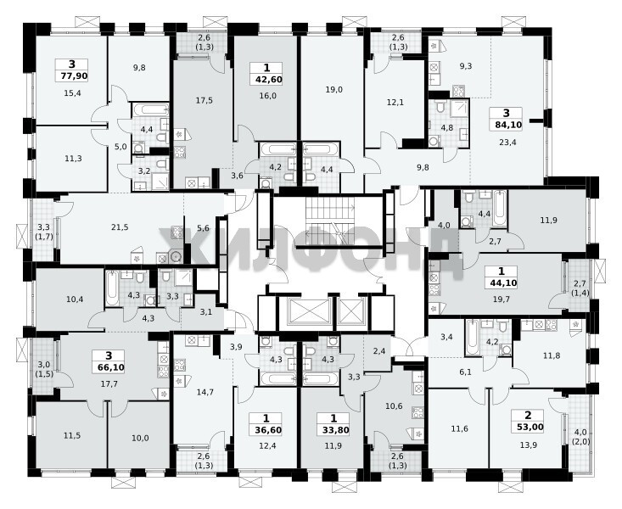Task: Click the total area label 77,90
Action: tap(71, 76)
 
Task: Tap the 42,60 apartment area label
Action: tap(267, 80)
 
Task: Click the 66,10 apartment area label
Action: tap(109, 367)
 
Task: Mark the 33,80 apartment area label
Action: tap(333, 430)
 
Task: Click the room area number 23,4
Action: tap(507, 142)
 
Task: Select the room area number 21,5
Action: tap(120, 227)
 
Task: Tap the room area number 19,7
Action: tap(502, 299)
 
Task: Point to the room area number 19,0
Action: tap(334, 90)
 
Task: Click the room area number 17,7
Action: tap(109, 383)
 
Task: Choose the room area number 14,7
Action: tap(205, 393)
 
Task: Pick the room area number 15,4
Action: tap(72, 93)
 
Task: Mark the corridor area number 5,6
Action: tap(203, 228)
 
